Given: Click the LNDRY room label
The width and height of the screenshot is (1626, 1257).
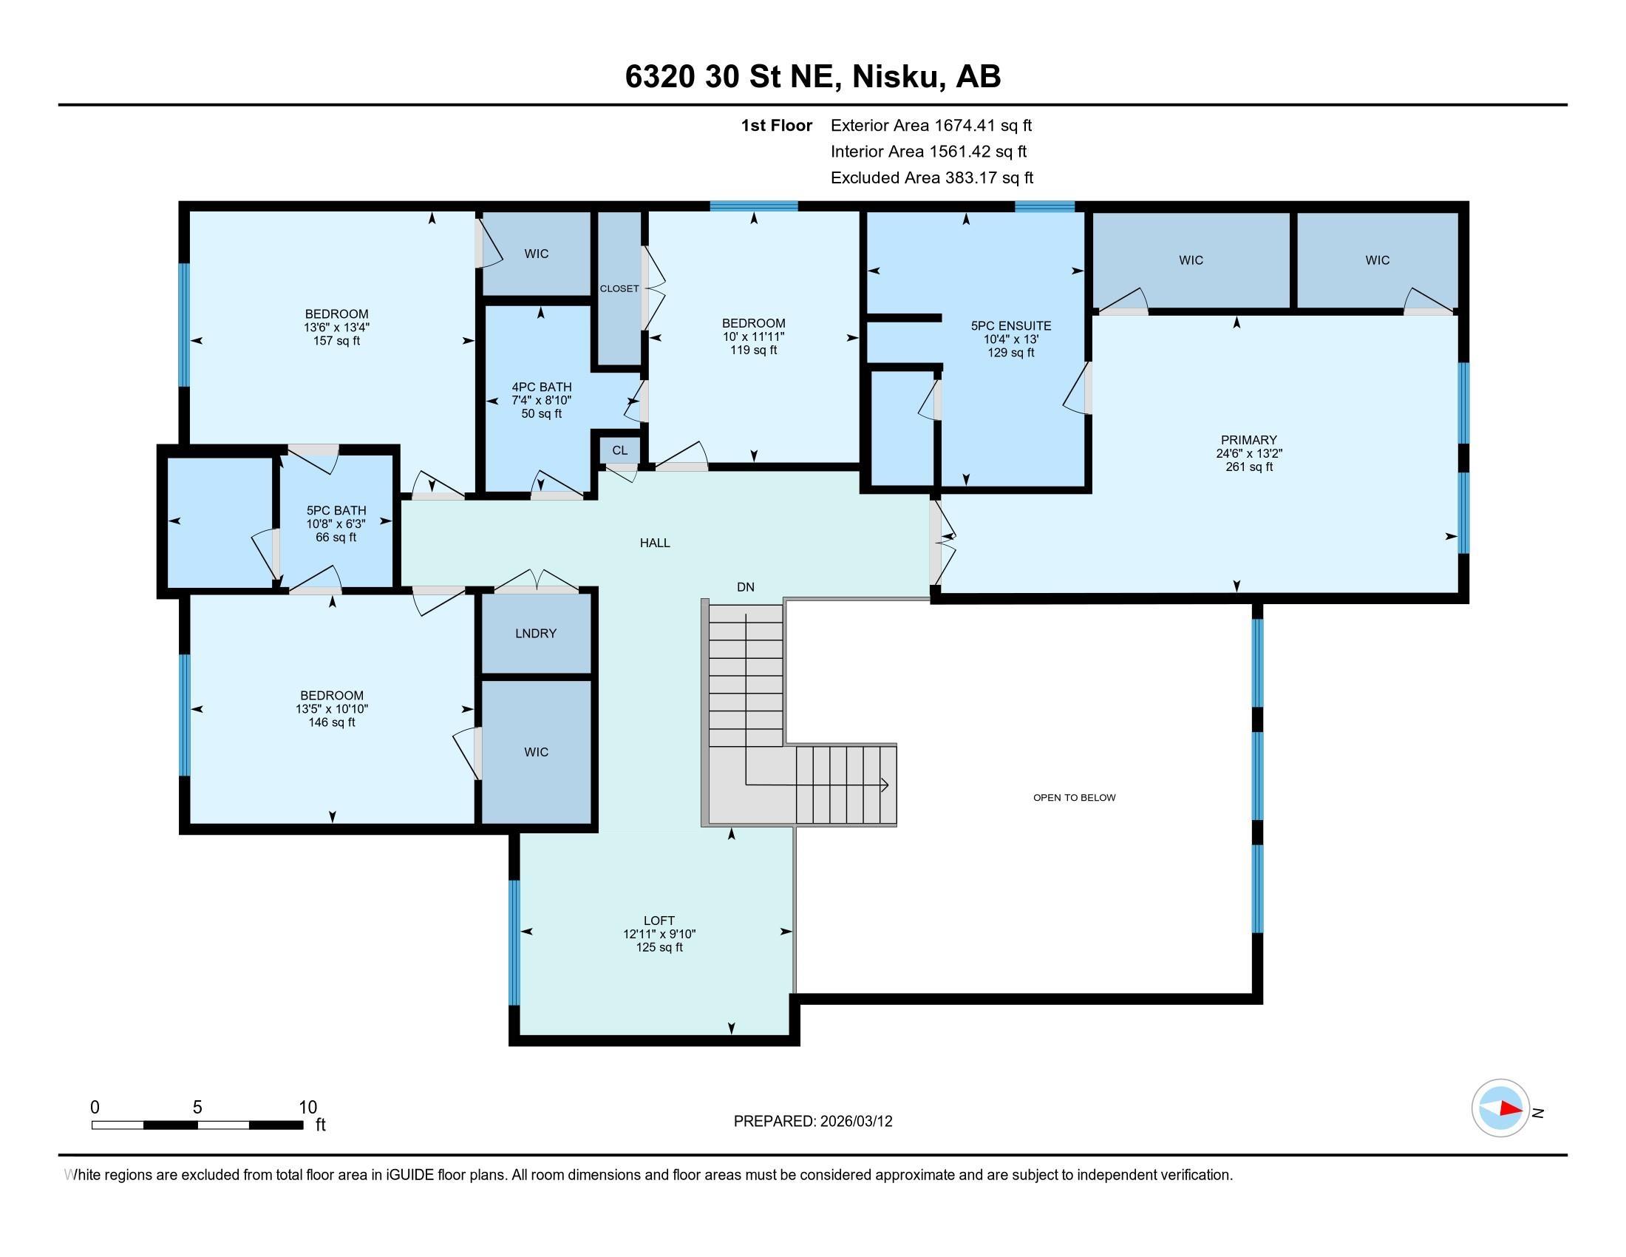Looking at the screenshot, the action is click(535, 633).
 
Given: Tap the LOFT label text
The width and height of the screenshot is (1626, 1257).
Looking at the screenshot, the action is click(659, 921).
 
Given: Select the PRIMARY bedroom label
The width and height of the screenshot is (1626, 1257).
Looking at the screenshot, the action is click(1248, 440).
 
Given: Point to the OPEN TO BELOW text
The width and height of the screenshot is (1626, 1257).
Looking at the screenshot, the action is click(1074, 798).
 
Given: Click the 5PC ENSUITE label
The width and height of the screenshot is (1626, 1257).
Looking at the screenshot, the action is click(1011, 325).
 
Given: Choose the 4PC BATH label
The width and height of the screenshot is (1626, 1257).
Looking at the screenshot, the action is click(541, 387).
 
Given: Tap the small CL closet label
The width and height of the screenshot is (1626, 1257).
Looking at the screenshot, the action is click(619, 450).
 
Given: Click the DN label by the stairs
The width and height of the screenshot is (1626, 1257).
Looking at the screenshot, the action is click(745, 587).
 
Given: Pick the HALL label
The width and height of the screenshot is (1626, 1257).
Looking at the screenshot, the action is click(655, 543).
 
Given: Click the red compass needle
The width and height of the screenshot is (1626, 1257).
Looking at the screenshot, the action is click(1510, 1108).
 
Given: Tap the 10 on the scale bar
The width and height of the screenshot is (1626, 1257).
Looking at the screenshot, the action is click(308, 1108).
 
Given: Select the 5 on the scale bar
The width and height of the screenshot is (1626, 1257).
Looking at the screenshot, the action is click(197, 1108).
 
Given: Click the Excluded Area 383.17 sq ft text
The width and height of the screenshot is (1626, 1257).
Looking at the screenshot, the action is click(932, 178).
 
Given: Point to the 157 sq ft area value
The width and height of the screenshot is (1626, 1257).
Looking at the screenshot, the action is click(336, 341).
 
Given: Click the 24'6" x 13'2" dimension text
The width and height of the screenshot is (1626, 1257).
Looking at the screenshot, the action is click(1248, 453).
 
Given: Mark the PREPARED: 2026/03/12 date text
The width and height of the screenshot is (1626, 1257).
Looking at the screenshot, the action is click(813, 1122).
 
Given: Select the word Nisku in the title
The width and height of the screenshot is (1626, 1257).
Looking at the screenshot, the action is click(894, 77).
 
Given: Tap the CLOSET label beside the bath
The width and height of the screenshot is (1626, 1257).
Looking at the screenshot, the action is click(619, 289).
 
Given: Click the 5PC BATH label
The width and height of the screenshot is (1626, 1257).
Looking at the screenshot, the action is click(336, 511).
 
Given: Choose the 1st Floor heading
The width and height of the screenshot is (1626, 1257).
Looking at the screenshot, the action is click(777, 126).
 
